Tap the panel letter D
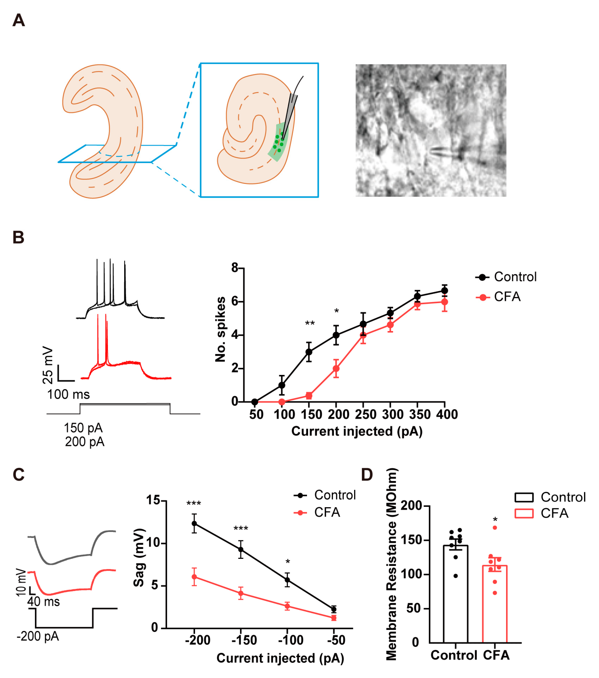coord(367,475)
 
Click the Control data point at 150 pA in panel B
coord(309,352)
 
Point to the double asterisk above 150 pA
coord(310,323)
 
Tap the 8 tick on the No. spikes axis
coord(235,268)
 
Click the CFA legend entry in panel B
coord(507,297)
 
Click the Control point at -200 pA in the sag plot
coord(194,523)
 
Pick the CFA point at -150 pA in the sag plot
coord(241,593)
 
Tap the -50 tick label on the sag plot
coord(336,640)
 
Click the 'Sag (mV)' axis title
coord(139,557)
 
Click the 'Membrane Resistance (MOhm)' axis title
coord(391,564)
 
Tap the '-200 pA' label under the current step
coord(38,636)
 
